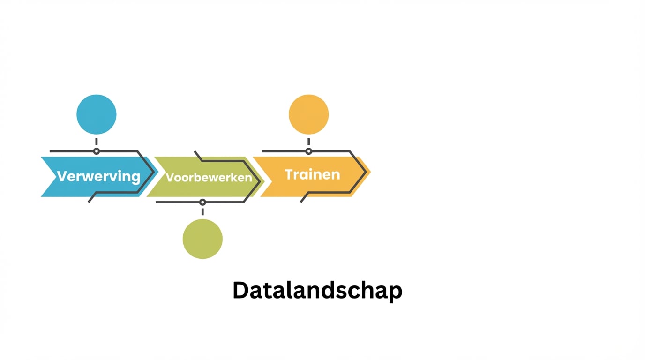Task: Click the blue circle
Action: [97, 114]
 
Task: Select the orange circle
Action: [308, 114]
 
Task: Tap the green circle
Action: [202, 239]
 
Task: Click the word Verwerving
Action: [99, 176]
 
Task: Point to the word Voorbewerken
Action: [209, 178]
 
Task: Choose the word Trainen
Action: [312, 174]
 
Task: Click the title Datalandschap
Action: [317, 291]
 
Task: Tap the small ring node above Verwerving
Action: [97, 151]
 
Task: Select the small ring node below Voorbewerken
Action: [202, 202]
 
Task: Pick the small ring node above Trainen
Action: [308, 151]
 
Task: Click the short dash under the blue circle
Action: [97, 141]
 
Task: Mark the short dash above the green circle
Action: [202, 212]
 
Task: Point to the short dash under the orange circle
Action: [308, 141]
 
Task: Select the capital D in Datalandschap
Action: [240, 291]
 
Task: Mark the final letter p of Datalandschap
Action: [396, 292]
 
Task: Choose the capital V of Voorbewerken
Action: [170, 178]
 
